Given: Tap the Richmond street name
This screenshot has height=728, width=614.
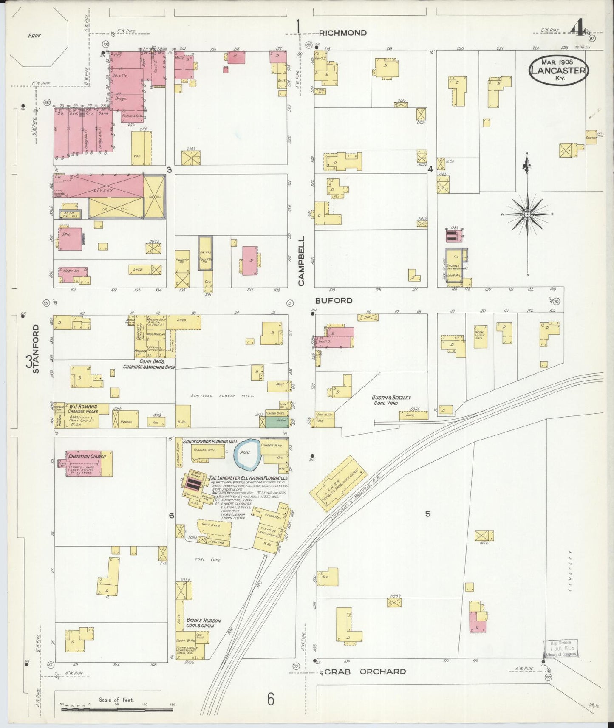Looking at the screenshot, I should tap(342, 33).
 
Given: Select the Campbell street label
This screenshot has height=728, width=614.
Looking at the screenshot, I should tap(302, 260).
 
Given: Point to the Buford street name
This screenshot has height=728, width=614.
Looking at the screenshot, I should tap(334, 301).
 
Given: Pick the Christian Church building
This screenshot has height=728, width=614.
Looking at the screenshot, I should tap(85, 463).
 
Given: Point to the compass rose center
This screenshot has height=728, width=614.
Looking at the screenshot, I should tap(527, 214).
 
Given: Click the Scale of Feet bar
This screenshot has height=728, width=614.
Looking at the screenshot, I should tap(116, 709).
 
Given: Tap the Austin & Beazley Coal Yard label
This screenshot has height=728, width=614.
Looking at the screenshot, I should tap(391, 400).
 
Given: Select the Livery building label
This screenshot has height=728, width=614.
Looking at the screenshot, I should tap(103, 190).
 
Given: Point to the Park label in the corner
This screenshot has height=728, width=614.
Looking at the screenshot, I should tap(34, 36).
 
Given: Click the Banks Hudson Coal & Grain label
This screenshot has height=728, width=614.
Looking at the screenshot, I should tap(203, 623).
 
